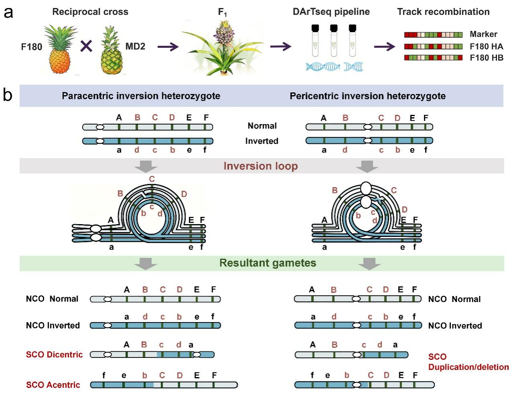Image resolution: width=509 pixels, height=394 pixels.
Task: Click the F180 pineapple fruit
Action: pyautogui.click(x=60, y=50)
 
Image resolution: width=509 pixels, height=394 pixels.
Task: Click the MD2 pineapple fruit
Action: pyautogui.click(x=111, y=50)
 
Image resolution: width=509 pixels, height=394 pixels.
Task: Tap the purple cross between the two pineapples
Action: pyautogui.click(x=86, y=46)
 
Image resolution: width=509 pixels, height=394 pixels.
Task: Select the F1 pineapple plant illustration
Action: pyautogui.click(x=222, y=48)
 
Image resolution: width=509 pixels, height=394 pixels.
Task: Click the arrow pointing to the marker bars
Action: pyautogui.click(x=385, y=46)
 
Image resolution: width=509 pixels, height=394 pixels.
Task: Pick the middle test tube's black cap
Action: pyautogui.click(x=334, y=28)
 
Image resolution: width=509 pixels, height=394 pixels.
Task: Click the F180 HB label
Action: pyautogui.click(x=486, y=57)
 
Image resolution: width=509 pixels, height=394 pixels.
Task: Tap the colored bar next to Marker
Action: pyautogui.click(x=433, y=35)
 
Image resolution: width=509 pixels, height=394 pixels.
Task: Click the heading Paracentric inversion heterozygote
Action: pyautogui.click(x=141, y=96)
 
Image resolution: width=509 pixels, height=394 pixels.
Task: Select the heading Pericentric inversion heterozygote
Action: pyautogui.click(x=368, y=96)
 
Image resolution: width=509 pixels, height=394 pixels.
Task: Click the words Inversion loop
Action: pyautogui.click(x=261, y=166)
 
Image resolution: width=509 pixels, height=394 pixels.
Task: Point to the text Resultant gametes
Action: pyautogui.click(x=268, y=263)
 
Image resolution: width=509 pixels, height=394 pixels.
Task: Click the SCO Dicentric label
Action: pyautogui.click(x=54, y=354)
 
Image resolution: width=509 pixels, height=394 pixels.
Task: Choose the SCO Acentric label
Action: pyautogui.click(x=53, y=385)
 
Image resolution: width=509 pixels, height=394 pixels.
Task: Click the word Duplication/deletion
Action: pyautogui.click(x=468, y=367)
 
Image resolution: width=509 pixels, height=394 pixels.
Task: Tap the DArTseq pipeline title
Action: pyautogui.click(x=331, y=12)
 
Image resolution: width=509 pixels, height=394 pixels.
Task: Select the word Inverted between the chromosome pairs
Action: pyautogui.click(x=262, y=141)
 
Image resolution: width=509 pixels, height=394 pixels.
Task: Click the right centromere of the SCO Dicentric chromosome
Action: pyautogui.click(x=197, y=355)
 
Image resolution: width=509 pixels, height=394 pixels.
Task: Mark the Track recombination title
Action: pyautogui.click(x=444, y=12)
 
